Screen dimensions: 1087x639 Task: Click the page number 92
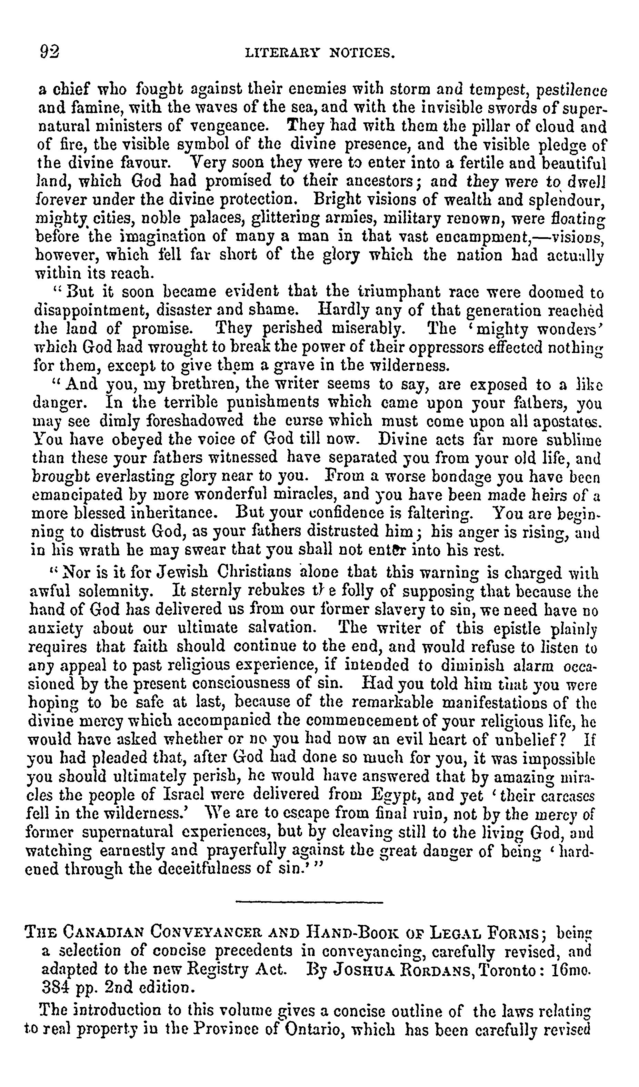[50, 52]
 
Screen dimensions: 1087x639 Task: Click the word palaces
[217, 219]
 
